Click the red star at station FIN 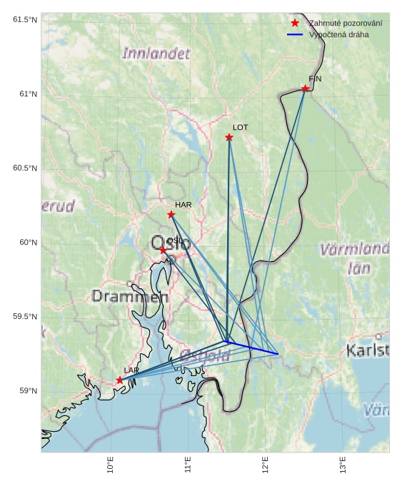305,88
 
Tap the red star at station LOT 229,137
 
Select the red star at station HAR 171,214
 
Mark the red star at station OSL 164,250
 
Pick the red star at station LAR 119,380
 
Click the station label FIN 314,79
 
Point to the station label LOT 241,127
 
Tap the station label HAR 184,205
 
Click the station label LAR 131,370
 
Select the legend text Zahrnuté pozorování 345,24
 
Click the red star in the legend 295,24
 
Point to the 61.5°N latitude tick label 25,19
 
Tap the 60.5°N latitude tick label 25,168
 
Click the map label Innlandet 156,54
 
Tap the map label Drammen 130,296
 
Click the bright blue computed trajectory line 253,348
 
